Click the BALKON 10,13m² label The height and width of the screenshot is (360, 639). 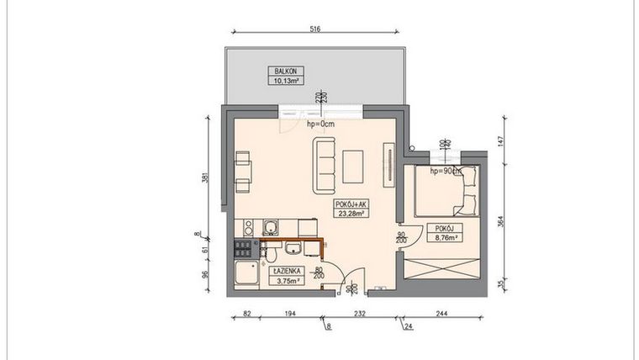click(287, 77)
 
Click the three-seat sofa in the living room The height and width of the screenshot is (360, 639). click(325, 164)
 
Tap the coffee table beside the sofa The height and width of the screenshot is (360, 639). click(354, 165)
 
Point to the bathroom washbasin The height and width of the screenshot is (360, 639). click(291, 248)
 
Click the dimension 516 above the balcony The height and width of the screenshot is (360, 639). click(314, 29)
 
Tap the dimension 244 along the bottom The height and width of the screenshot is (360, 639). click(441, 314)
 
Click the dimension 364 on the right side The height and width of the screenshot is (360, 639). click(501, 221)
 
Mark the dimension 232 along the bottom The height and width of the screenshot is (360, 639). click(360, 314)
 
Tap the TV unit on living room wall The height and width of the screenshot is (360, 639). click(388, 164)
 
